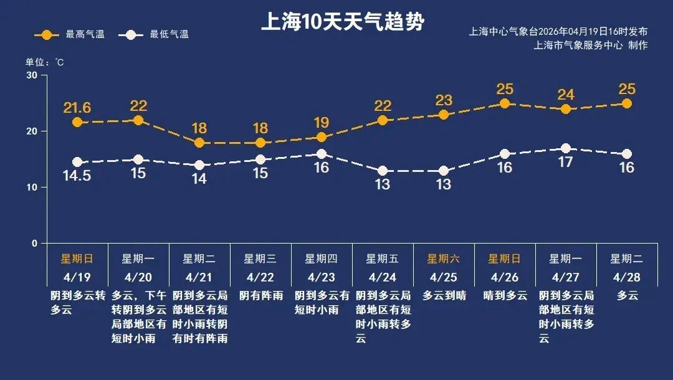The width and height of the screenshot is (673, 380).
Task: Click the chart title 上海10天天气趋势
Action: tap(342, 22)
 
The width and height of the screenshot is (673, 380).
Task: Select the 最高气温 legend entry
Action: tap(70, 34)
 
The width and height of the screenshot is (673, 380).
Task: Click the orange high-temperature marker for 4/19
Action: tap(77, 123)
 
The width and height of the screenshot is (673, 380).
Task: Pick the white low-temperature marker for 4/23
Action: tap(322, 154)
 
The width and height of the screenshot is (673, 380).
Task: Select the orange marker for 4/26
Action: tap(505, 103)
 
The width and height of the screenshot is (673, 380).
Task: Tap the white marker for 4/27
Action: tap(566, 148)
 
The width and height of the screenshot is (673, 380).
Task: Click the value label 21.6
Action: tap(77, 108)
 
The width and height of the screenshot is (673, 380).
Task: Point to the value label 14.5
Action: tap(77, 176)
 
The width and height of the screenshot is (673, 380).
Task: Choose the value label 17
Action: tap(566, 163)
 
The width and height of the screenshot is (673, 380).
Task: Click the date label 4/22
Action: tap(260, 277)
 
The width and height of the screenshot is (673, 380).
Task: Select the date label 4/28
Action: tap(627, 277)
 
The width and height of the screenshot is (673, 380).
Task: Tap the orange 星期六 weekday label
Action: tap(444, 259)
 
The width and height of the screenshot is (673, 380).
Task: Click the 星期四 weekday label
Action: tap(322, 259)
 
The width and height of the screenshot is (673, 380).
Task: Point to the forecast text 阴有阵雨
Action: tap(260, 296)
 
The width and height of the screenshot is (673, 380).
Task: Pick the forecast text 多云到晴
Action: tap(444, 296)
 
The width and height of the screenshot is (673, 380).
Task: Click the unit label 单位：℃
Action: tap(44, 62)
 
